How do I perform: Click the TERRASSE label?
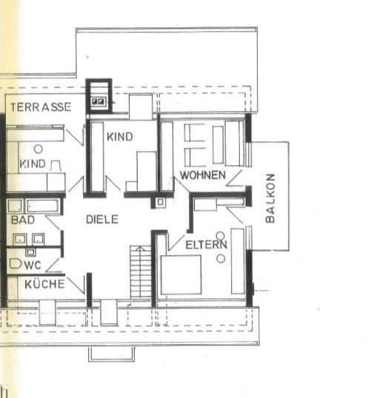pyautogui.click(x=41, y=107)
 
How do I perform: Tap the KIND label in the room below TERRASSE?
pyautogui.click(x=33, y=163)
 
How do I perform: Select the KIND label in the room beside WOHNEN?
pyautogui.click(x=119, y=137)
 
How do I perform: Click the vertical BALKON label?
pyautogui.click(x=270, y=198)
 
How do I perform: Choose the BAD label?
pyautogui.click(x=22, y=220)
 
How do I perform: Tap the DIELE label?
pyautogui.click(x=101, y=219)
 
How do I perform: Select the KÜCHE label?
pyautogui.click(x=44, y=284)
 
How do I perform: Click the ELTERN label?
pyautogui.click(x=206, y=244)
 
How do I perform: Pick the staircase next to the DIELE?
pyautogui.click(x=141, y=272)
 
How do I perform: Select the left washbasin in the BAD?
pyautogui.click(x=20, y=238)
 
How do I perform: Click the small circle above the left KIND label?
pyautogui.click(x=38, y=149)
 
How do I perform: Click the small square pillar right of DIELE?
pyautogui.click(x=160, y=201)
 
